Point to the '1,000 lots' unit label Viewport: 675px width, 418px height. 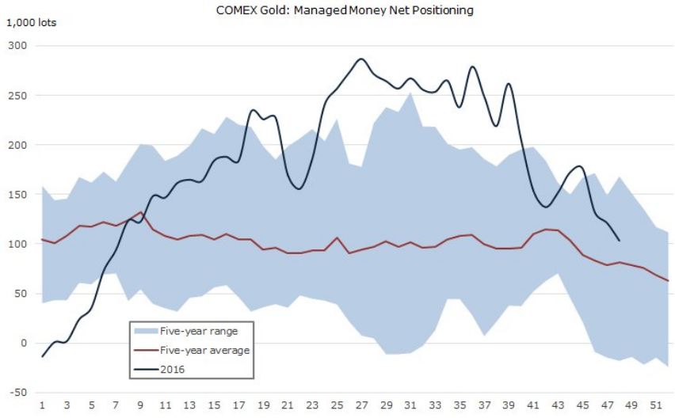pos(32,22)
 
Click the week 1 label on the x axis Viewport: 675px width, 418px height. pos(42,405)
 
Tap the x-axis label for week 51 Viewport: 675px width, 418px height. pos(655,405)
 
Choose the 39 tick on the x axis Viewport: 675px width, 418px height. pos(509,405)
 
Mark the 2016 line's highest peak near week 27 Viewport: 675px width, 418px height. pos(361,59)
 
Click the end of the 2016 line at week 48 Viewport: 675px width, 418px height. pos(619,241)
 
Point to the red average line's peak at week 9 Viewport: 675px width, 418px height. pos(140,212)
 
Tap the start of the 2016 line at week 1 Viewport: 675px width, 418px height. pos(42,356)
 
